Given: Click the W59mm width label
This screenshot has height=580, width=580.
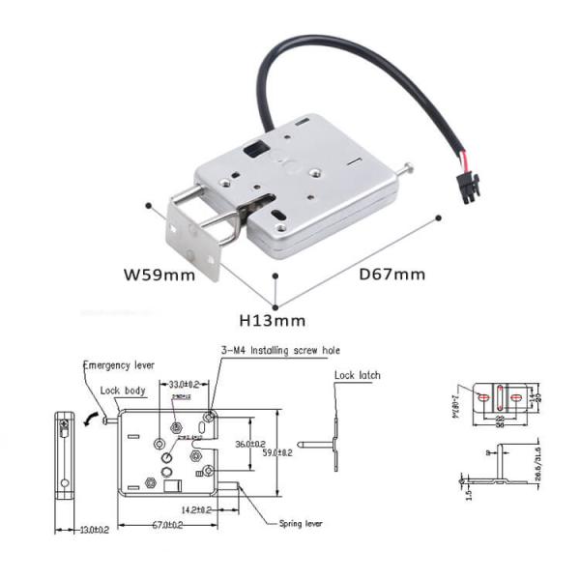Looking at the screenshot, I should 159,274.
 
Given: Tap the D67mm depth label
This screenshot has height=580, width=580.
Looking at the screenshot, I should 392,274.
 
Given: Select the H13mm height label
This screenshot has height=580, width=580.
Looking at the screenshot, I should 274,320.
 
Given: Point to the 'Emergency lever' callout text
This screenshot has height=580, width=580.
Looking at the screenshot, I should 118,366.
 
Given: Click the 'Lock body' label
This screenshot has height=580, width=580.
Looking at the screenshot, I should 124,391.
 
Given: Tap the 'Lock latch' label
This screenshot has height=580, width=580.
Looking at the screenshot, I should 358,375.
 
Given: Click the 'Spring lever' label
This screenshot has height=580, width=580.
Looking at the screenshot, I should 303,522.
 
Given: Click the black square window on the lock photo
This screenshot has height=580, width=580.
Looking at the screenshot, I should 256,151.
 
